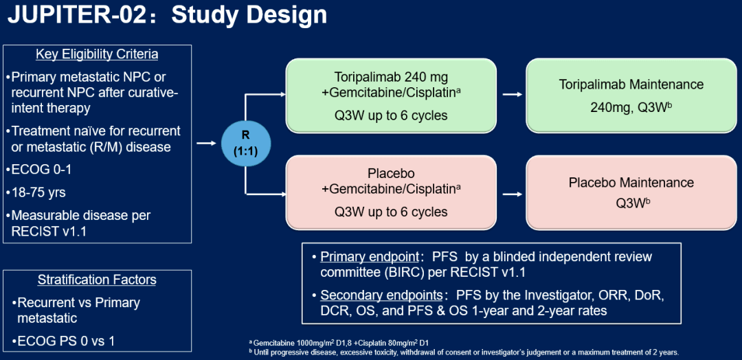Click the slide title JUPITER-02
coord(78,15)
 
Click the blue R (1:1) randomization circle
coord(245,144)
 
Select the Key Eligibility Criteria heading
coord(97,54)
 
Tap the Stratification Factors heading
coord(97,280)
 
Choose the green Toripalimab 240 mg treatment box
coord(391,96)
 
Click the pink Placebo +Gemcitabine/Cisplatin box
coord(391,192)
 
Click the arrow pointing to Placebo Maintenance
coord(510,193)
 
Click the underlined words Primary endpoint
coord(369,257)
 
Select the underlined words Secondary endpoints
coord(381,295)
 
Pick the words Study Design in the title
coord(249,15)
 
